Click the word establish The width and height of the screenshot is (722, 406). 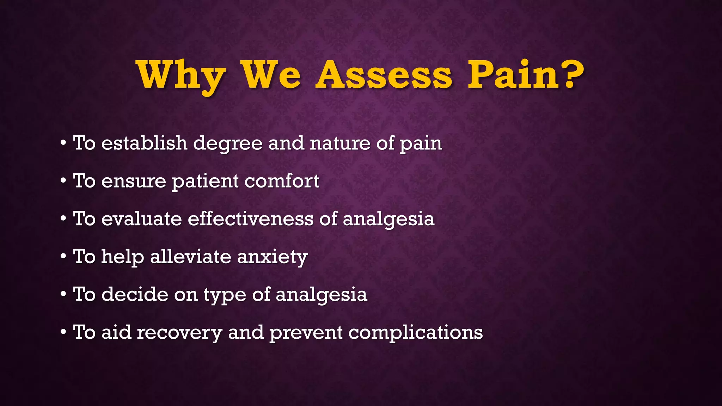coord(144,143)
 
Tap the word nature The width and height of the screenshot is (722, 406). coord(339,143)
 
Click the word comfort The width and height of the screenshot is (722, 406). coord(282,181)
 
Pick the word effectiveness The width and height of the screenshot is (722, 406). coord(250,219)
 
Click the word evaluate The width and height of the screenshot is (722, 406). coord(141,219)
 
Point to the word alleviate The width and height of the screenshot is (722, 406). coord(190,256)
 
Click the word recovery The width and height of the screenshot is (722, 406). coord(179,333)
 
